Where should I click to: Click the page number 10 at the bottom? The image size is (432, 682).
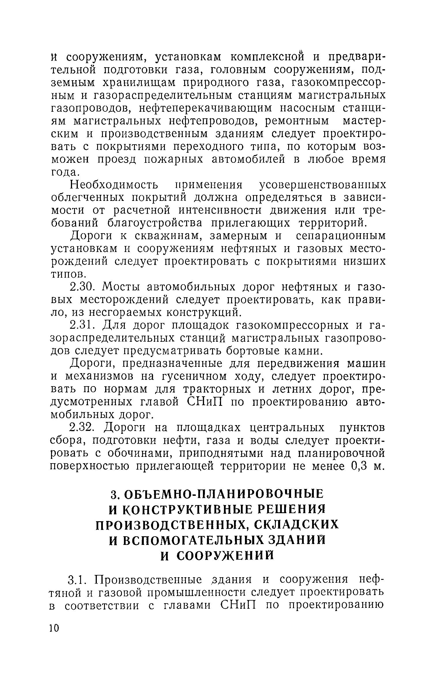pos(54,628)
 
